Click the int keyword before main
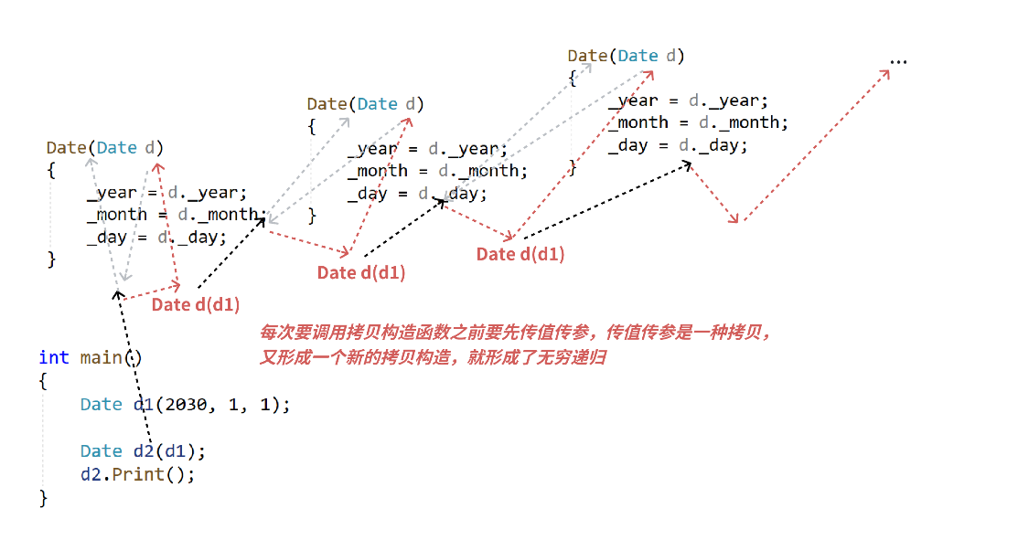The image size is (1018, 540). [54, 357]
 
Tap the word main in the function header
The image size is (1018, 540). [101, 357]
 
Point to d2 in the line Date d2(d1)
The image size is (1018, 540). [142, 451]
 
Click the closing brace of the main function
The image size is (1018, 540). [43, 498]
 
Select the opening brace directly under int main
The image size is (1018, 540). [43, 381]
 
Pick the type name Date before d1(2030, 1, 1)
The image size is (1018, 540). [101, 404]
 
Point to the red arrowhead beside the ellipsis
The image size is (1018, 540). [885, 74]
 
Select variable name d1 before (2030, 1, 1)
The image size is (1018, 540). [142, 404]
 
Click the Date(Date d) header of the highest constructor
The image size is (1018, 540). [626, 56]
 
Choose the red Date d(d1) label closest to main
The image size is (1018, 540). [196, 305]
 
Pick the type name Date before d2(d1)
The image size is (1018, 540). [101, 451]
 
